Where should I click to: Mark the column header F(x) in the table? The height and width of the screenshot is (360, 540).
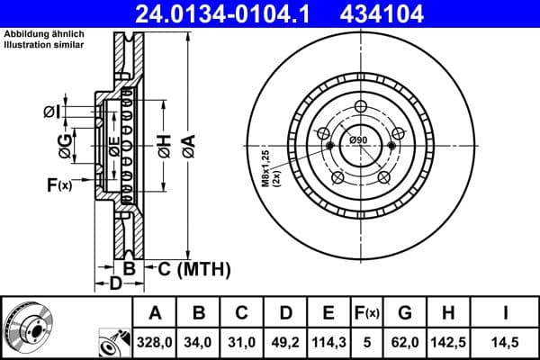click(x=366, y=313)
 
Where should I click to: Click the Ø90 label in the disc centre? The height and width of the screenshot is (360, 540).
click(x=358, y=139)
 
